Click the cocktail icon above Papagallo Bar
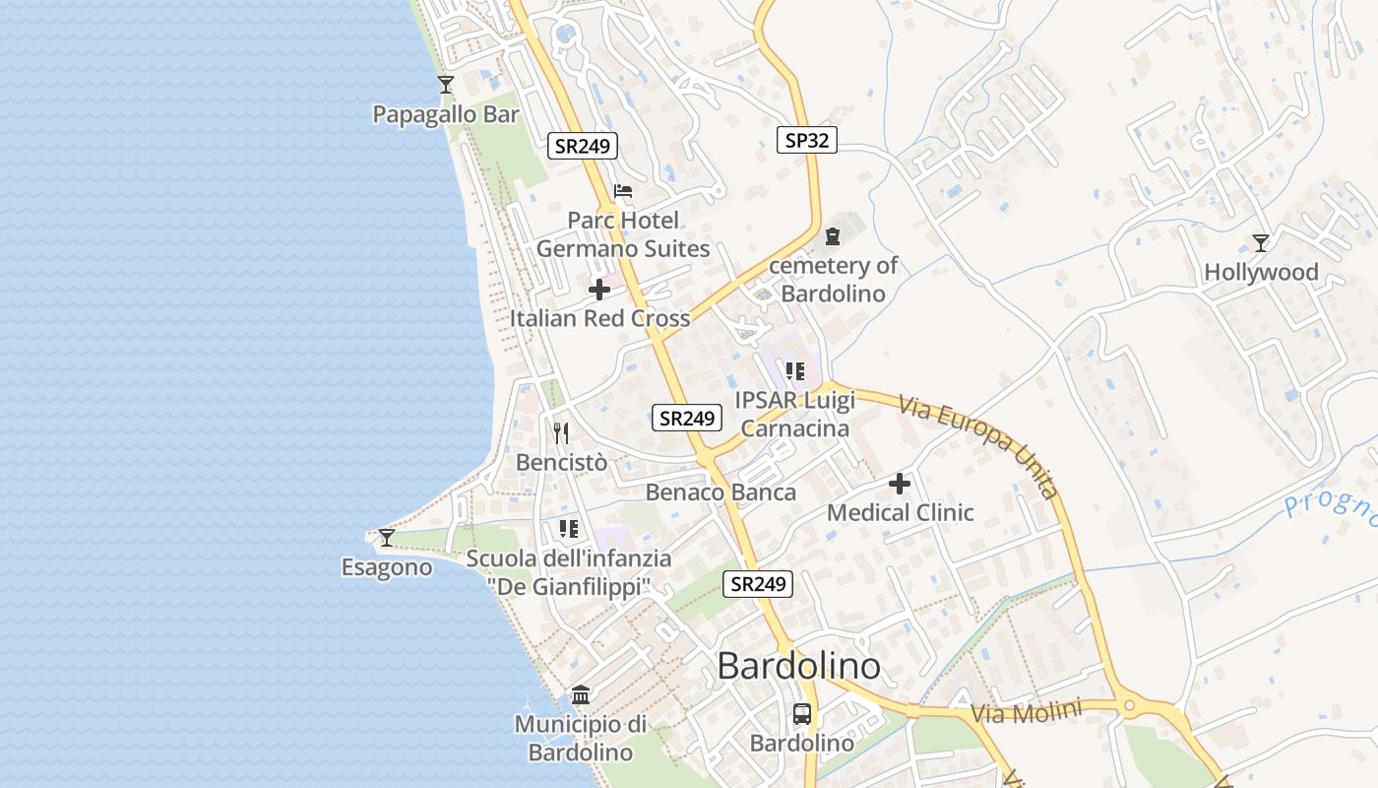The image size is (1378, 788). click(446, 85)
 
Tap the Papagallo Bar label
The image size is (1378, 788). click(445, 114)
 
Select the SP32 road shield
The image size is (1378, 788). click(806, 140)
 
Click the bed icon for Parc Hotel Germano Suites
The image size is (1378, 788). click(622, 191)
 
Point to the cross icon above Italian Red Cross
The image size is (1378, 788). click(598, 290)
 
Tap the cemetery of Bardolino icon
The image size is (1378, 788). click(833, 236)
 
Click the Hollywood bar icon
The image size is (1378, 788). click(1260, 242)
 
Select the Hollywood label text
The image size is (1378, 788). click(1261, 272)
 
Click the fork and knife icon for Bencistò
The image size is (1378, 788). click(561, 432)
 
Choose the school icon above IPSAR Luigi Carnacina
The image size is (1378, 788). click(795, 371)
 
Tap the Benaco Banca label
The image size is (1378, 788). click(720, 492)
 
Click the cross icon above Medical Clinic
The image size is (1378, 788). click(900, 484)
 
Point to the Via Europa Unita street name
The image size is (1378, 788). click(978, 448)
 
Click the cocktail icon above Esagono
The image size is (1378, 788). click(387, 537)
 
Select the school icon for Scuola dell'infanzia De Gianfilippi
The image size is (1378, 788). click(568, 529)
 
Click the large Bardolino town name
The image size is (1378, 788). click(798, 666)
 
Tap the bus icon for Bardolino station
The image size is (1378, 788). click(802, 714)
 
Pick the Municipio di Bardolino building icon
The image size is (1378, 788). click(581, 695)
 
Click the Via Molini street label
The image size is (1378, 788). click(1026, 712)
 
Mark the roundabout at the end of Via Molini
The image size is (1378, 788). click(1129, 705)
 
